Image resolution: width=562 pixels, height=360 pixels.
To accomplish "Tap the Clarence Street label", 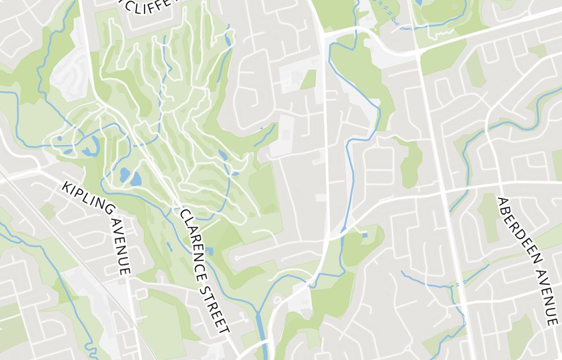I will (x=205, y=271).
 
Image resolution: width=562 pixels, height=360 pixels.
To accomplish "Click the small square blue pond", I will (x=364, y=235).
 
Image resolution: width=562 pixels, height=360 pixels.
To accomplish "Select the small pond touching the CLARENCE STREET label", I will (x=210, y=251).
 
